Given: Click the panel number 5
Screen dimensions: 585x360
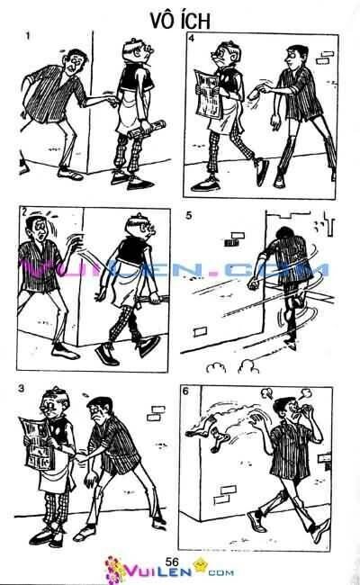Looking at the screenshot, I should [188, 216].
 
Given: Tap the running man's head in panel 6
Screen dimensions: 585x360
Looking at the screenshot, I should [290, 407].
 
